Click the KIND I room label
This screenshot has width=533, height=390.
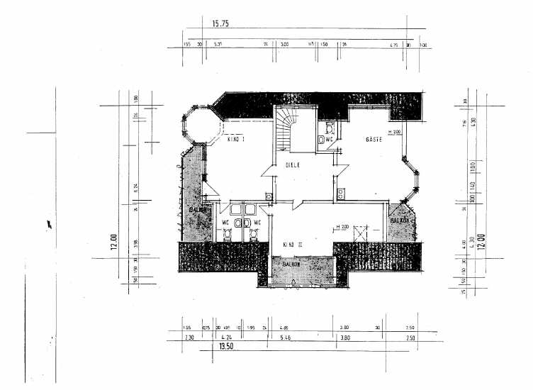(x=236, y=140)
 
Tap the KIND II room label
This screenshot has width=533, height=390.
(x=293, y=245)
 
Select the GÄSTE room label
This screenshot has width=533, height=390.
(x=374, y=140)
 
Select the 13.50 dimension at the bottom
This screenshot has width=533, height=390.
(x=225, y=347)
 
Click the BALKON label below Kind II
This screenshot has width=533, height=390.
(x=292, y=264)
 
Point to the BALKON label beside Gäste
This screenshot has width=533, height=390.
(x=400, y=221)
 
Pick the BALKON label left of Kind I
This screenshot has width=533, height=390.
(x=197, y=210)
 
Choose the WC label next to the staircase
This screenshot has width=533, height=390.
(x=329, y=140)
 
